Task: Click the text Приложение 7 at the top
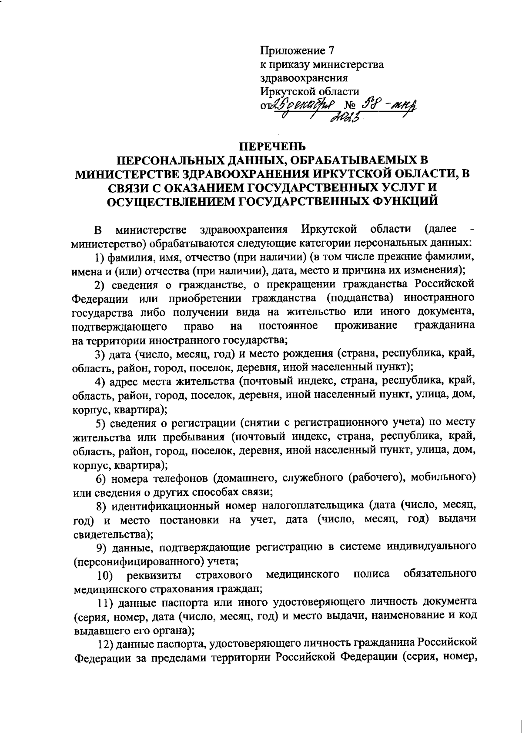click(297, 51)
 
